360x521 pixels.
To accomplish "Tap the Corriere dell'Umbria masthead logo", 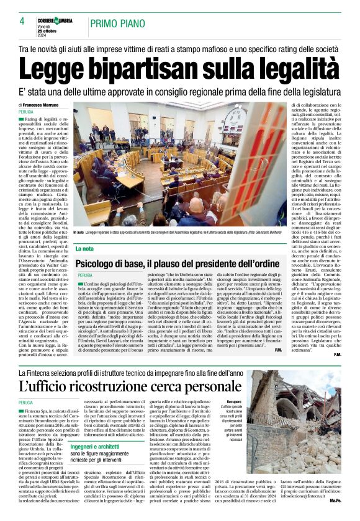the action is [58, 20].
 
